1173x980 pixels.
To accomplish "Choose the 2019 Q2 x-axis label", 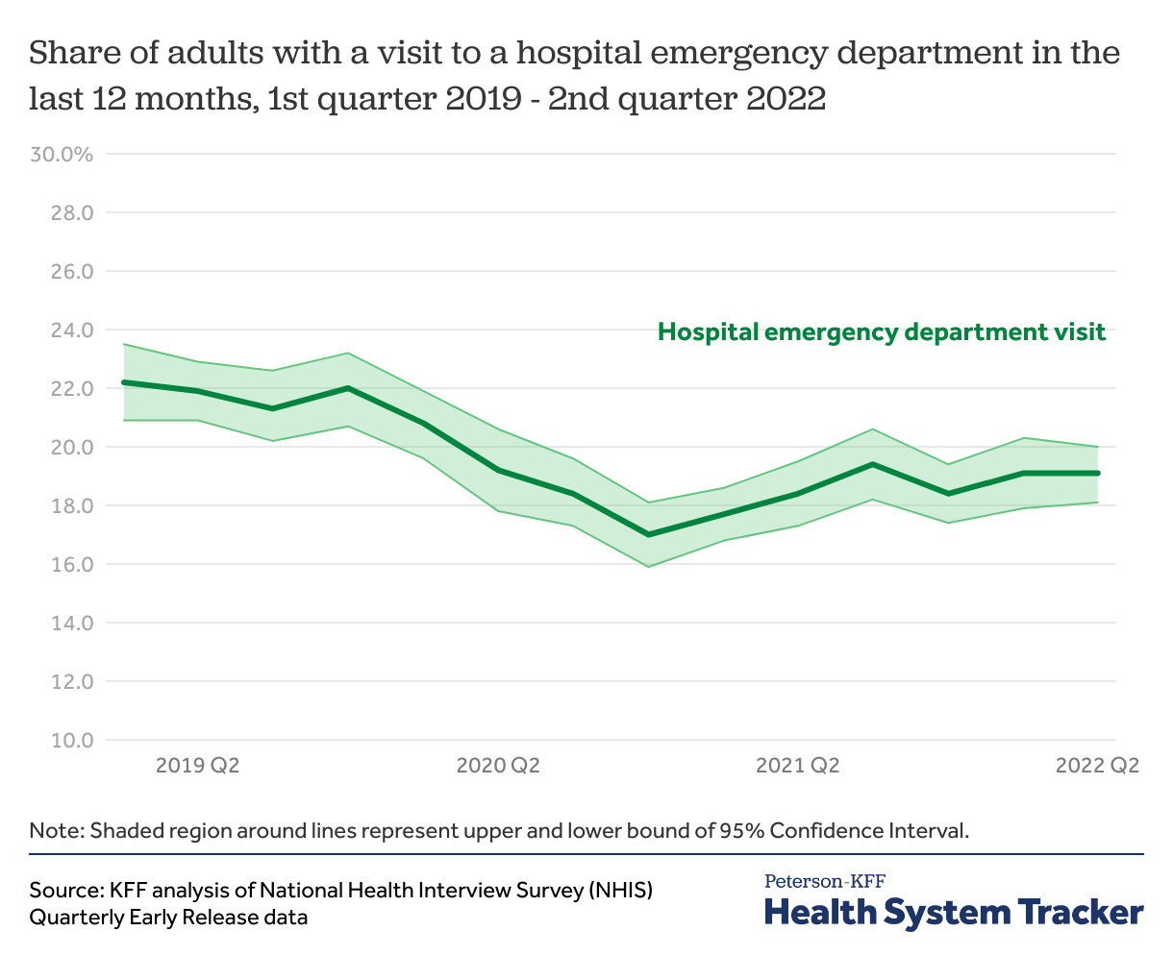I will pyautogui.click(x=197, y=766).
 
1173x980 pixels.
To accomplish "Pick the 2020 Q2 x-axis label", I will pyautogui.click(x=498, y=766).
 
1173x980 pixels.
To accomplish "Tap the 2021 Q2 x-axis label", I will pyautogui.click(x=798, y=766).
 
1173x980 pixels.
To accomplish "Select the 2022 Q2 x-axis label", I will pyautogui.click(x=1097, y=766).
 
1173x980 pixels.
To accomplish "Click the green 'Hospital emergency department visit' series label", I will pyautogui.click(x=882, y=332).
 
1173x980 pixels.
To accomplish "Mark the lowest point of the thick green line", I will pyautogui.click(x=649, y=534).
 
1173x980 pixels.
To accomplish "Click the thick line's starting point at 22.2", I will pyautogui.click(x=124, y=382).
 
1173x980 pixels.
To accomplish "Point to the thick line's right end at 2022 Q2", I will pyautogui.click(x=1098, y=473).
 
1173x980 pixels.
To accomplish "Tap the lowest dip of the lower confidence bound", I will pyautogui.click(x=649, y=566).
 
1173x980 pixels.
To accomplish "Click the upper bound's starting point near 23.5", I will pyautogui.click(x=124, y=344).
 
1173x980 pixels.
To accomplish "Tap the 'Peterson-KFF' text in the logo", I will pyautogui.click(x=825, y=881).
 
